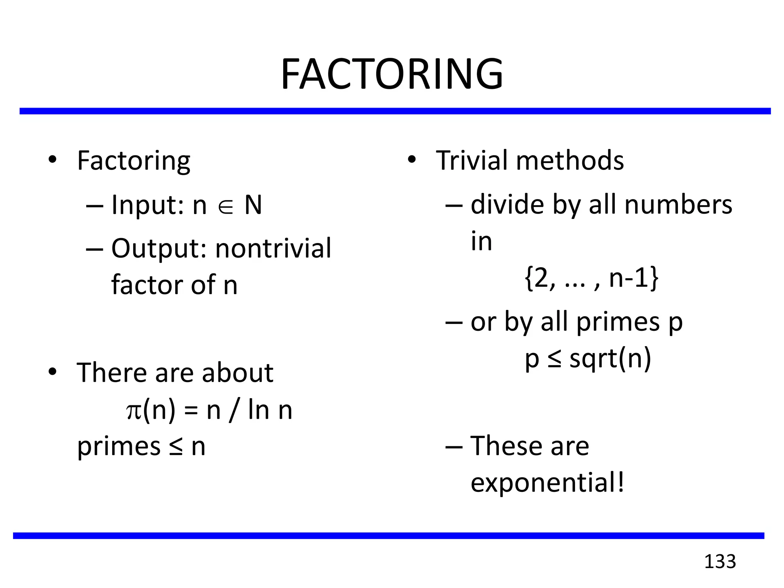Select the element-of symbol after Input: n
[225, 207]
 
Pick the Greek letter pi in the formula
[134, 410]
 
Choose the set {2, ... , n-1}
[591, 278]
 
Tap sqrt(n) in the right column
[610, 359]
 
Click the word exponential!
[547, 482]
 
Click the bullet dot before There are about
[52, 372]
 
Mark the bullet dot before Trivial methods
[412, 160]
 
